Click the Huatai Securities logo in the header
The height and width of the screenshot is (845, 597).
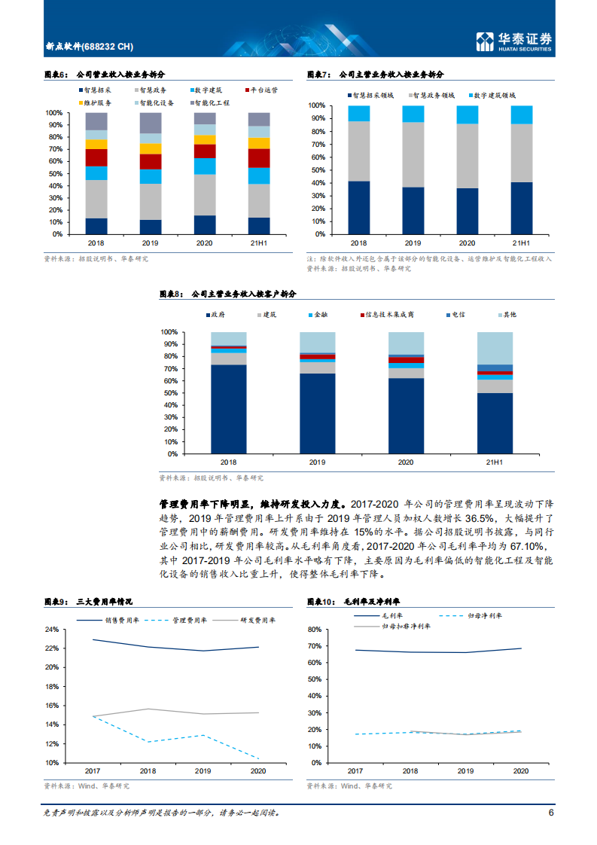coord(514,41)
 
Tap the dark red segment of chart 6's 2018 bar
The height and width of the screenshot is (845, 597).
coord(96,157)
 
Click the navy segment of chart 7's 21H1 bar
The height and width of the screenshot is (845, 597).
coord(521,208)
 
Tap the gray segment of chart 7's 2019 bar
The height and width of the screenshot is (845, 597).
coord(413,154)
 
